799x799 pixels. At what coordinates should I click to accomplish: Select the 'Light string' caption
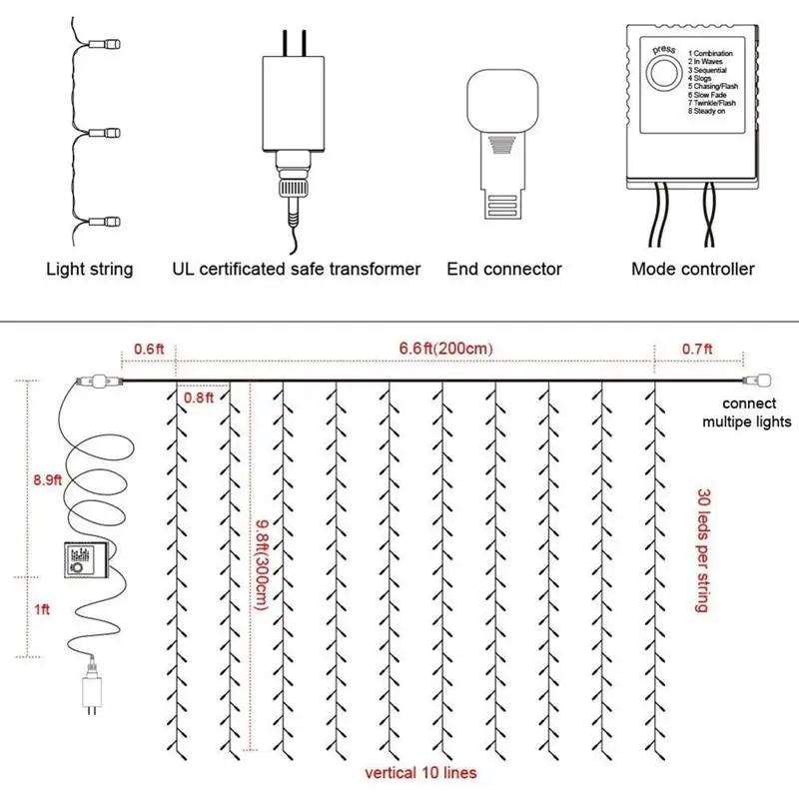tap(90, 269)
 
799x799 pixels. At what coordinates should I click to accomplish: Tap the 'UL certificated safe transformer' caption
tap(297, 269)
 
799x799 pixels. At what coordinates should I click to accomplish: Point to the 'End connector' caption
tap(504, 269)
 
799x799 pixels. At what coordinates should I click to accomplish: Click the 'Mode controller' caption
tap(693, 269)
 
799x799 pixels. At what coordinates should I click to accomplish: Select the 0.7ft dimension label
tap(696, 349)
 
